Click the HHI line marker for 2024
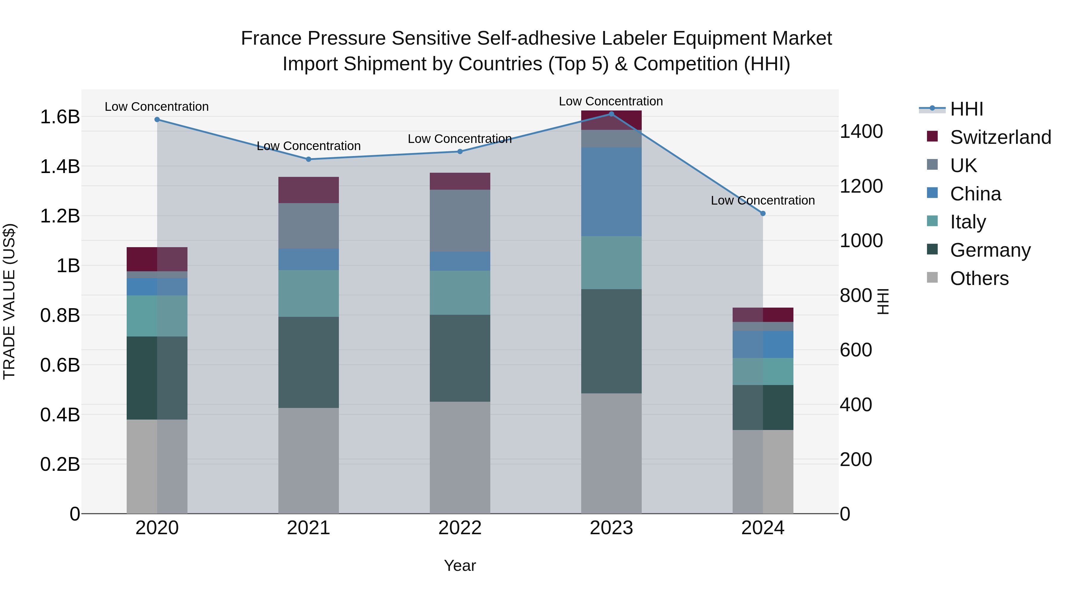click(763, 214)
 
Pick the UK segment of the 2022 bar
click(460, 221)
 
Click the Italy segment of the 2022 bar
click(460, 292)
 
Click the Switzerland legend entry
click(1000, 137)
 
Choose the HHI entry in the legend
click(966, 109)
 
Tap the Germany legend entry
click(990, 250)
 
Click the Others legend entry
click(979, 278)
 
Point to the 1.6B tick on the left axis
click(60, 117)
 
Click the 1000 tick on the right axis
click(860, 241)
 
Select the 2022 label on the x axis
click(460, 528)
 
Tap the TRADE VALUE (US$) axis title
click(9, 301)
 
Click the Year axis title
click(460, 565)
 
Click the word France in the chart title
click(271, 38)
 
